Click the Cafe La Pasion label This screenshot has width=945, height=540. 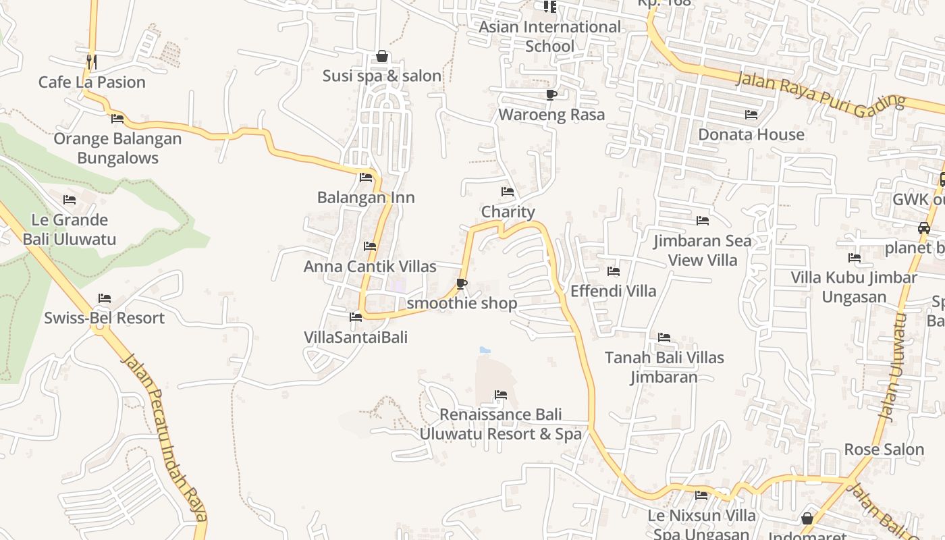(x=92, y=82)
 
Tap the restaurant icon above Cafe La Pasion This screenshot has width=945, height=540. (x=92, y=61)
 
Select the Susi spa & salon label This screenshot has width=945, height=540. (x=382, y=76)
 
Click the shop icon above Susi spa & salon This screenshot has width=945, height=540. (x=382, y=56)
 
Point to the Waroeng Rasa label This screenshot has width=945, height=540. (x=551, y=115)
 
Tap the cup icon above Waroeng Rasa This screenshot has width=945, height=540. (x=551, y=94)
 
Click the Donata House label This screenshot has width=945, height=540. (x=751, y=134)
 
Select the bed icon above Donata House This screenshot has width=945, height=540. (x=751, y=114)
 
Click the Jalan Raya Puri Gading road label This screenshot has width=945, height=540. (x=820, y=94)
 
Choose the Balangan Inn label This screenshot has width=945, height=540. (x=366, y=198)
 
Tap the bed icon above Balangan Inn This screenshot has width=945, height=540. (x=366, y=178)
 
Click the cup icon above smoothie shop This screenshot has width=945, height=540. (x=462, y=283)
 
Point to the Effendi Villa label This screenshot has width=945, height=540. (x=614, y=291)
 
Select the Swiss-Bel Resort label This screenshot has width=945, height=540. (x=105, y=318)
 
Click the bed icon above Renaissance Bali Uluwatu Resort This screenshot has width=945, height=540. (x=501, y=394)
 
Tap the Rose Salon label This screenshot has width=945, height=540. (x=884, y=450)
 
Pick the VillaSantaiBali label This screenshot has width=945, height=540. (x=356, y=337)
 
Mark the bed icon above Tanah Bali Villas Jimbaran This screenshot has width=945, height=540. (x=664, y=337)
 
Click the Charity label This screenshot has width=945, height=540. (x=508, y=212)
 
